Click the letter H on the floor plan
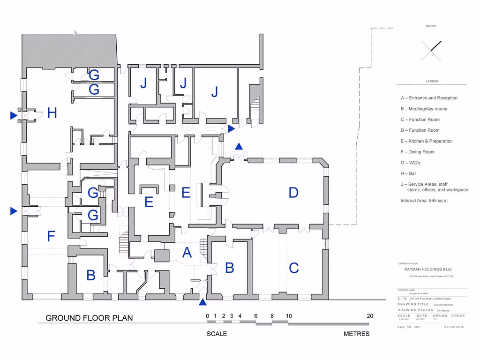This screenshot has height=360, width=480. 52,113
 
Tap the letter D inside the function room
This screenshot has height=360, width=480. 293,193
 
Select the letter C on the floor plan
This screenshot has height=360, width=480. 294,268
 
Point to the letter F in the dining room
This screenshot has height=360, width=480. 51,236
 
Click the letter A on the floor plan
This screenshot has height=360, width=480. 187,253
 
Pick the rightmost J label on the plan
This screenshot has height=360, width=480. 215,92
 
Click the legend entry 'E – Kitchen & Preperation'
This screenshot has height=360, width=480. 427,141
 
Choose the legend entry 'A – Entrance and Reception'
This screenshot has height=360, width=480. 429,98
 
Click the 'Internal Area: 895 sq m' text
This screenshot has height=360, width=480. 424,201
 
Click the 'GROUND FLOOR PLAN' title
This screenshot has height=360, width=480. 89,318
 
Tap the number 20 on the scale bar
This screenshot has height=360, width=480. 370,316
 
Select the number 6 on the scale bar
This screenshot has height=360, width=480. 256,316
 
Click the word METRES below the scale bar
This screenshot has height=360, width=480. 356,334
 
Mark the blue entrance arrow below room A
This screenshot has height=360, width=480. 202,301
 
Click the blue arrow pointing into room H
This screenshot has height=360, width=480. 14,115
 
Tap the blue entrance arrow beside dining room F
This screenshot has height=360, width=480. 14,211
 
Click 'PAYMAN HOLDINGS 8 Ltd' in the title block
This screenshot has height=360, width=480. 427,270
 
